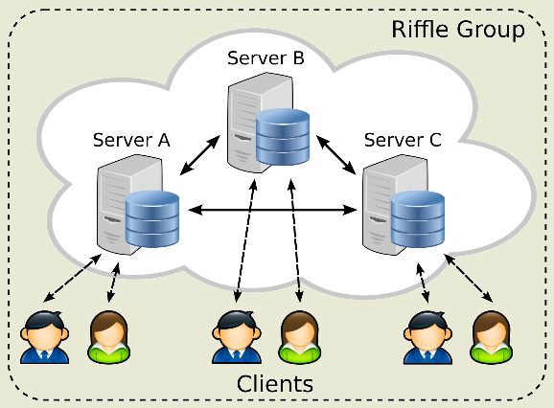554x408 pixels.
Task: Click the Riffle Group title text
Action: point(458,30)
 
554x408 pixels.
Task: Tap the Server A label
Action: point(131,140)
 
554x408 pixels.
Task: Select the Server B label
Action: point(265,57)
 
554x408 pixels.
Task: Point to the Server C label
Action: point(403,140)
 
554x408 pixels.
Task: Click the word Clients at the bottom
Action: point(275,384)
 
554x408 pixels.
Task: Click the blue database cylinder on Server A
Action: point(152,218)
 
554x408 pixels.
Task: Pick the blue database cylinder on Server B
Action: point(283,137)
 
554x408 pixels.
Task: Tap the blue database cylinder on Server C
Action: point(418,218)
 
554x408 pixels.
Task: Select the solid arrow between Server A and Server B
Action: point(200,155)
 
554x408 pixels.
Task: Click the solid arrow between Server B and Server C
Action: point(336,155)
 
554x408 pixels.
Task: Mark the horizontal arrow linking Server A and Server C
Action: point(273,211)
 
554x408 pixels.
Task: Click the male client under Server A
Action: point(44,337)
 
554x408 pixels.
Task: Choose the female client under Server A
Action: point(109,337)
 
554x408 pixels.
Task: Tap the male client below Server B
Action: point(237,337)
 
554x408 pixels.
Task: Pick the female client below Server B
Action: point(300,337)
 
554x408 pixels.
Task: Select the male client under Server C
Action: point(427,337)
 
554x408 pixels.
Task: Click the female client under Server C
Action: point(492,337)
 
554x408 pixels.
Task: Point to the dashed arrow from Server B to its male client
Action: point(245,241)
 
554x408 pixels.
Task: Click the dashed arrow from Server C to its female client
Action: point(469,278)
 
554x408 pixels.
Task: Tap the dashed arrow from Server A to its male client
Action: point(73,278)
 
